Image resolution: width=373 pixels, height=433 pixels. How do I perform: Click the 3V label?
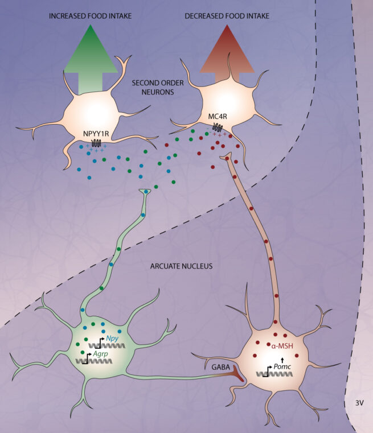pos(360,402)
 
